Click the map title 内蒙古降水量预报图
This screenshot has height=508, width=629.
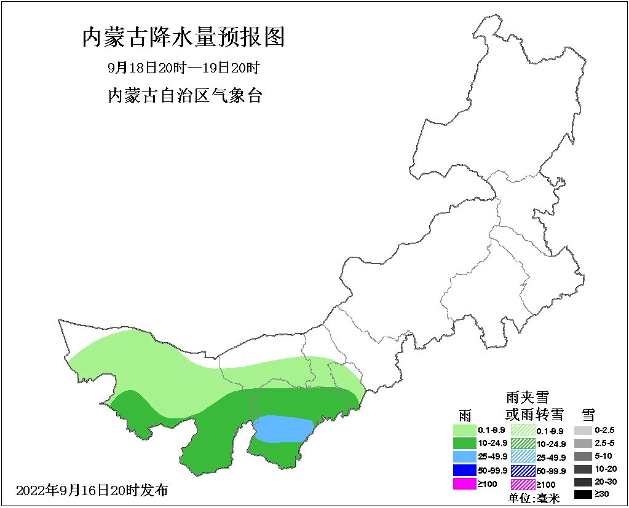click(183, 38)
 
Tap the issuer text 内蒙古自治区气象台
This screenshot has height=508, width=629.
click(184, 96)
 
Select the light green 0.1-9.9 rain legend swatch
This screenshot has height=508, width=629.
click(464, 431)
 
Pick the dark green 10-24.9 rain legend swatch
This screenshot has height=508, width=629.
click(464, 444)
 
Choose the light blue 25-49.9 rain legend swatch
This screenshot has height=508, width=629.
click(464, 457)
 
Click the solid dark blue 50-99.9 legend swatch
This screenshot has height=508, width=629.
click(464, 471)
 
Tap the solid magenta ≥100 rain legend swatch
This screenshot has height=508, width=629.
click(464, 484)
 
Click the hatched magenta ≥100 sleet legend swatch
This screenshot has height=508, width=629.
click(523, 485)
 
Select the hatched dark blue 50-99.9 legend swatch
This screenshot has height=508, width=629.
click(523, 471)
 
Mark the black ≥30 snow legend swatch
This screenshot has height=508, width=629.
click(584, 494)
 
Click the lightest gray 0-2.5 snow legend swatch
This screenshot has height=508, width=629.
click(584, 431)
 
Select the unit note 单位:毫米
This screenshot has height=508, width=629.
click(534, 498)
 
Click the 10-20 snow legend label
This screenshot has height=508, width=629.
click(605, 469)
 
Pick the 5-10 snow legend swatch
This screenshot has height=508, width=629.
click(584, 456)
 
